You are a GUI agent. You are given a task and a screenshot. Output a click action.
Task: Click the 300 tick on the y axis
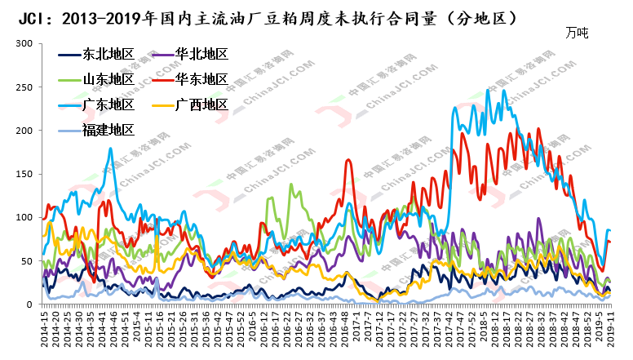coord(25,43)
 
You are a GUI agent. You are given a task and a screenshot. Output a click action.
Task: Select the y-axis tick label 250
coord(25,87)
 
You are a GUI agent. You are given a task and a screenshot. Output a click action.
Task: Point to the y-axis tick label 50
coord(29,261)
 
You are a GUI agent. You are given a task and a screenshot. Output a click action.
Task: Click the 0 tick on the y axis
coord(31,304)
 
